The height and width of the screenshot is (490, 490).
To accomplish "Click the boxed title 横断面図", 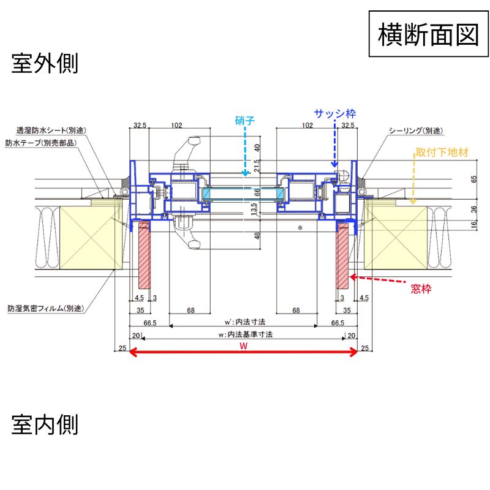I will click(x=428, y=34).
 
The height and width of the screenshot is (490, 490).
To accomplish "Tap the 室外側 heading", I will click(x=45, y=64).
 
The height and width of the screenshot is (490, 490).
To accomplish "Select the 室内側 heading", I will click(x=45, y=424).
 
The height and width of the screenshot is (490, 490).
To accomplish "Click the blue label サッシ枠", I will click(x=335, y=113).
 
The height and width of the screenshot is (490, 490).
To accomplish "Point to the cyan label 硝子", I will click(x=244, y=121).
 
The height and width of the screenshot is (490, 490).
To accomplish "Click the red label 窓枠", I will click(x=421, y=288).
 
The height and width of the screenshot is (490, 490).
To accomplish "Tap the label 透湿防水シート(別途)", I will click(x=52, y=131).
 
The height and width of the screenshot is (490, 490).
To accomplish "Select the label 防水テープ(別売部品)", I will click(x=42, y=143).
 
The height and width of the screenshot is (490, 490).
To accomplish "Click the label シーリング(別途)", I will click(x=416, y=131).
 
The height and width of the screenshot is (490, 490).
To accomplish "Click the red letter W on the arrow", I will click(x=243, y=346).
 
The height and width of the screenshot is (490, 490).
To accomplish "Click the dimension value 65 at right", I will click(x=474, y=179).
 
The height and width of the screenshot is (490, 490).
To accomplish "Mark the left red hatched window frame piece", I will click(x=145, y=255).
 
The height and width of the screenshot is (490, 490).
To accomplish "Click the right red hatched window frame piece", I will click(x=342, y=255).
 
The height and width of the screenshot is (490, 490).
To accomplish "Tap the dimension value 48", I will click(x=257, y=235).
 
